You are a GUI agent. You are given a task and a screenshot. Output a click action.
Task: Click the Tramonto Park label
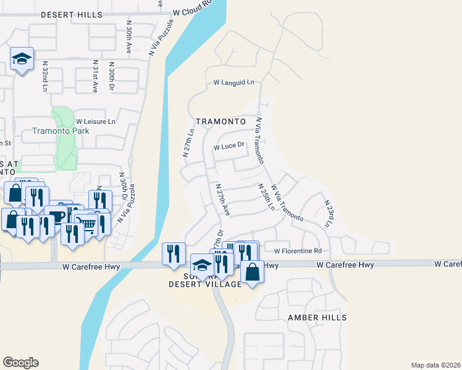[x=61, y=131]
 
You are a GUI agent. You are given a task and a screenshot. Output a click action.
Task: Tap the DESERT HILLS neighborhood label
[x=67, y=14]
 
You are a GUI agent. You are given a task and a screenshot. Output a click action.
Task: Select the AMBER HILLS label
[x=317, y=317]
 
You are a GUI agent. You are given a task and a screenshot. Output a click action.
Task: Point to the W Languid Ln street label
[x=234, y=82]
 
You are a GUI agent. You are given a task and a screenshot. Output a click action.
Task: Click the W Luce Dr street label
[x=229, y=147]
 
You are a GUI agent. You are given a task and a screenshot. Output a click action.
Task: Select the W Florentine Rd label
[x=299, y=250]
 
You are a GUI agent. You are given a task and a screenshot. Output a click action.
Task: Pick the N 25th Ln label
[x=266, y=196]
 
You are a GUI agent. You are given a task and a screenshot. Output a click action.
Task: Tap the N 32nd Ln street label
[x=45, y=76]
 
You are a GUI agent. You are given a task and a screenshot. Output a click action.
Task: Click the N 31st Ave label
[x=95, y=76]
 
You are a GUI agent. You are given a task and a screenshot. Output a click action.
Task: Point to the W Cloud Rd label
[x=192, y=10]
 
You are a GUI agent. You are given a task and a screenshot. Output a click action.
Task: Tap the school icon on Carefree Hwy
[x=201, y=265]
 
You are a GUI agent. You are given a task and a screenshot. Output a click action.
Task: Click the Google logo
[x=20, y=363]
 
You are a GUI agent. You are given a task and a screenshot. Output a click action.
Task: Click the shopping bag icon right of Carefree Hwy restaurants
[x=253, y=271]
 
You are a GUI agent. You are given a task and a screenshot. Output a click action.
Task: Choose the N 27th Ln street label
[x=189, y=142]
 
